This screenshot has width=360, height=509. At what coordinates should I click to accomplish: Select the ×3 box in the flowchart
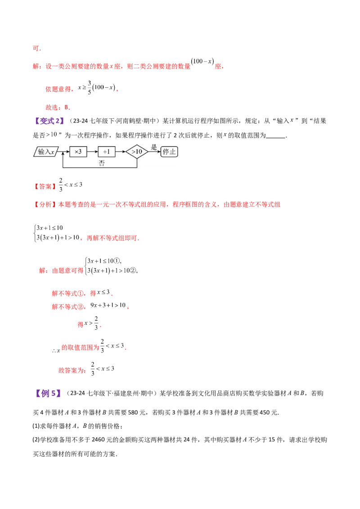click(78, 152)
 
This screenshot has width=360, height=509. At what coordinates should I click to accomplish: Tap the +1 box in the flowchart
click(106, 152)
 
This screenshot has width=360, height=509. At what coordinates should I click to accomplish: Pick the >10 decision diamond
click(137, 152)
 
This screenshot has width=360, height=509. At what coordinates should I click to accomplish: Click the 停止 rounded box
click(169, 152)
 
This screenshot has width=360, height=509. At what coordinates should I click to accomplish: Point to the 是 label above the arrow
click(153, 147)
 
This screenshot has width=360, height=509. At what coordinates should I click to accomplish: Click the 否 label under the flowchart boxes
click(102, 163)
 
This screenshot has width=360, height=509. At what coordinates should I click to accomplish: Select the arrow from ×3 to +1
click(92, 152)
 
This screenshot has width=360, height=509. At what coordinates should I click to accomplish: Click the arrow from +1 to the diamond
click(120, 152)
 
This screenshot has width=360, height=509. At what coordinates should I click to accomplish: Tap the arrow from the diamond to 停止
click(154, 152)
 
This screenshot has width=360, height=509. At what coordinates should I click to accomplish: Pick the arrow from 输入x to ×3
click(64, 152)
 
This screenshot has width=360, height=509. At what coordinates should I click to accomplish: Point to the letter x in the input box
click(52, 152)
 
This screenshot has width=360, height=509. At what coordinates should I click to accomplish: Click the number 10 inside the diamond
click(139, 152)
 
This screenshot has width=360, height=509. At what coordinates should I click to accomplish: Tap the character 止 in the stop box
click(173, 152)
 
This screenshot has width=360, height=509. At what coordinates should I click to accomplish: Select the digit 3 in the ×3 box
click(80, 152)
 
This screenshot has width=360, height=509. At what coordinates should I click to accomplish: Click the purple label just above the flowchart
click(49, 121)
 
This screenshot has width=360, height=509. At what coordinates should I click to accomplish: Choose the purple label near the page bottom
click(48, 393)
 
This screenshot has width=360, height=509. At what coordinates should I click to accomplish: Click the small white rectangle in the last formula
click(108, 372)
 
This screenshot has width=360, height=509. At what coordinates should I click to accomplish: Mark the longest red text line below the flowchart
click(157, 205)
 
